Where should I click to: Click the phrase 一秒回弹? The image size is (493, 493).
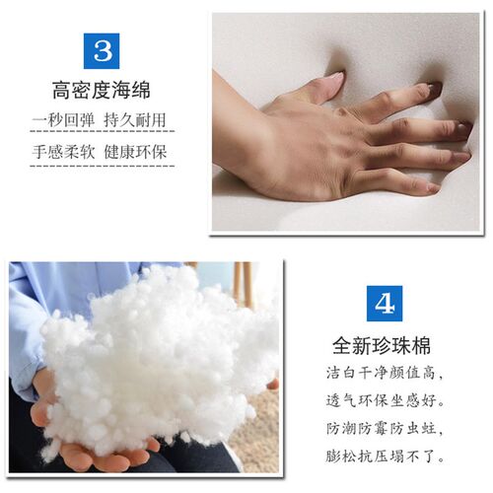(x=64, y=122)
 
